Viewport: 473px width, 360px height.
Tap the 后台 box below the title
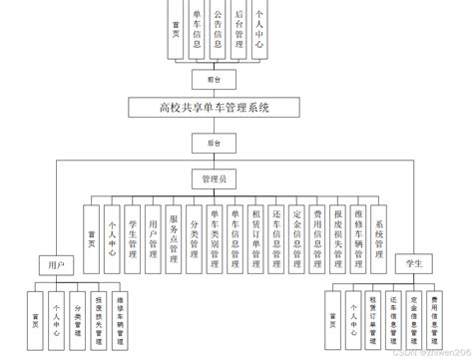pos(213,143)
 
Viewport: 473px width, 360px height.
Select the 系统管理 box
pos(379,235)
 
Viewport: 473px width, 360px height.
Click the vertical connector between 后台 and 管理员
pos(213,161)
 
